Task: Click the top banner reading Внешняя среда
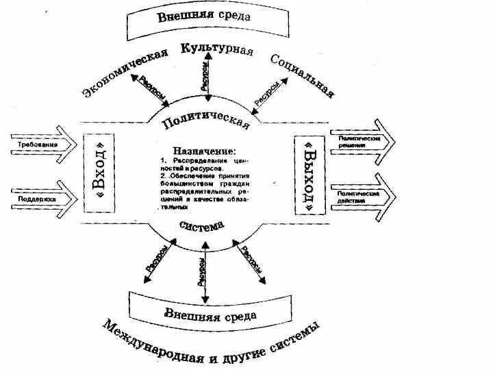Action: point(203,17)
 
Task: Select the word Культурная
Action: point(217,50)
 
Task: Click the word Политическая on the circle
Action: point(205,122)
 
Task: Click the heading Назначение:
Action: point(204,150)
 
